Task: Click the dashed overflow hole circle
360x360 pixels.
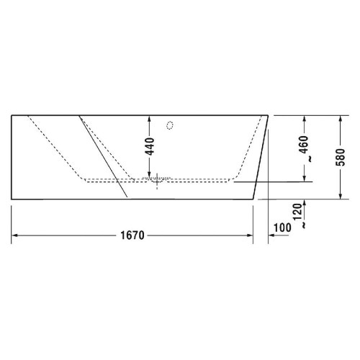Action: [171, 125]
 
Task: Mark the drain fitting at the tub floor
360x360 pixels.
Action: [158, 181]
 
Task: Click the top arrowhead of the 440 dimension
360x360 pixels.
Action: [150, 118]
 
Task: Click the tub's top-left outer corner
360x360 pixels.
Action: [12, 114]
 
